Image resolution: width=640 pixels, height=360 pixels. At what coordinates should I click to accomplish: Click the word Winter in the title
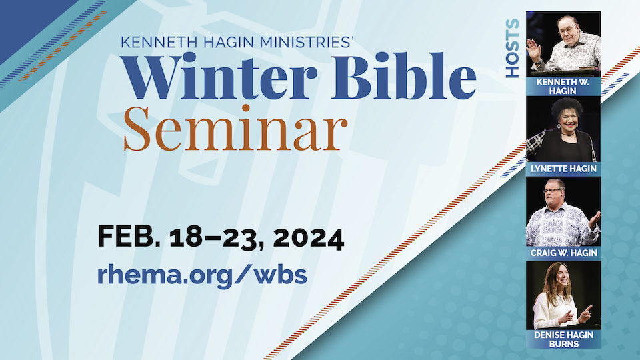click(219, 76)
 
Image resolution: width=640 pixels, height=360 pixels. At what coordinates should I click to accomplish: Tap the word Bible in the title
click(404, 75)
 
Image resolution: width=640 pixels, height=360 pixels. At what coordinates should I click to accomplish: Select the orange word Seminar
click(235, 128)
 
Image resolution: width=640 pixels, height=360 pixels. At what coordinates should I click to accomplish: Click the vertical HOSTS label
click(512, 48)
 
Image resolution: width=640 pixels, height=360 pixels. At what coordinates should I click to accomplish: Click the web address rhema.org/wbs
click(202, 275)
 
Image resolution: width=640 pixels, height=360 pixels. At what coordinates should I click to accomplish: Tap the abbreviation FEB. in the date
click(129, 236)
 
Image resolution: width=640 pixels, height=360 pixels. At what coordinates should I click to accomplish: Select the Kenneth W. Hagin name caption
click(563, 86)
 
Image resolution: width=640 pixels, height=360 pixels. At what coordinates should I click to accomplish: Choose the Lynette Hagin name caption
click(563, 169)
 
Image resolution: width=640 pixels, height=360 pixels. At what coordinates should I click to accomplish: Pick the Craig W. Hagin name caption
click(564, 253)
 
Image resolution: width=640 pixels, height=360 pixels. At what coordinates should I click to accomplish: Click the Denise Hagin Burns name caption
click(564, 339)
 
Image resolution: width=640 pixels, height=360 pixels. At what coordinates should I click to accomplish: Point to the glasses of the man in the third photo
click(554, 190)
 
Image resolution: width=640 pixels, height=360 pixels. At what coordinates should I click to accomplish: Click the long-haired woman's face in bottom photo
click(562, 279)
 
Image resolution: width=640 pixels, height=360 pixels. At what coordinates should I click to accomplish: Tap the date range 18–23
click(217, 238)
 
